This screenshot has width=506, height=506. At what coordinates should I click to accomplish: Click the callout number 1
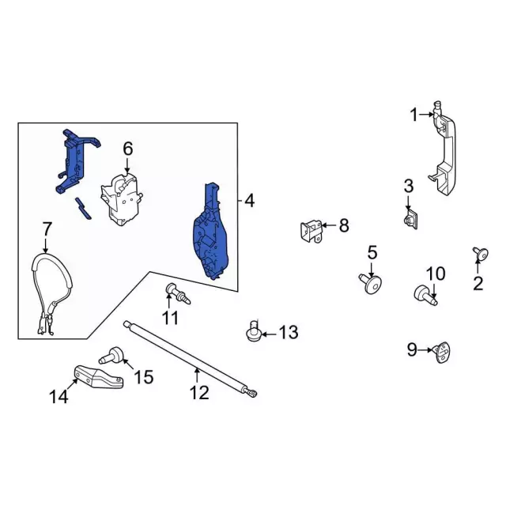(413, 115)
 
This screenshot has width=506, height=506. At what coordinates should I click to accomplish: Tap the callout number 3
(408, 187)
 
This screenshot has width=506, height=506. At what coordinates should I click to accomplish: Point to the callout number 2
(478, 282)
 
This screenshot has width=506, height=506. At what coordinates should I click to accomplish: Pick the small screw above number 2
(480, 253)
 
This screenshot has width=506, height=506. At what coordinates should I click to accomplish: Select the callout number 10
(435, 274)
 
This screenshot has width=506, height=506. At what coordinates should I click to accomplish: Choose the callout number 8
(343, 226)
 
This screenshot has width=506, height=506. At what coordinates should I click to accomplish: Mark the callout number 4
(249, 202)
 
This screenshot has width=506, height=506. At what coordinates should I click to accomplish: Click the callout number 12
(199, 391)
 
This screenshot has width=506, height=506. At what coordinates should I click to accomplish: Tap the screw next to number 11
(175, 294)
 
